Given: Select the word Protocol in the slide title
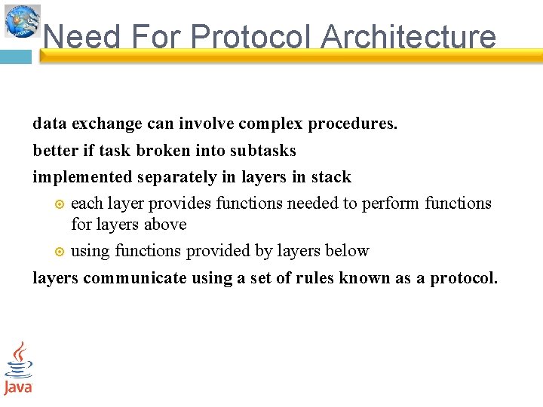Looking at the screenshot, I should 253,36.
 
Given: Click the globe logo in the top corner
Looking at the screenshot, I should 22,20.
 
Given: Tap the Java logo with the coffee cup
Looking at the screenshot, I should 18,368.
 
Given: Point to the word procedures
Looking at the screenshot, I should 353,124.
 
